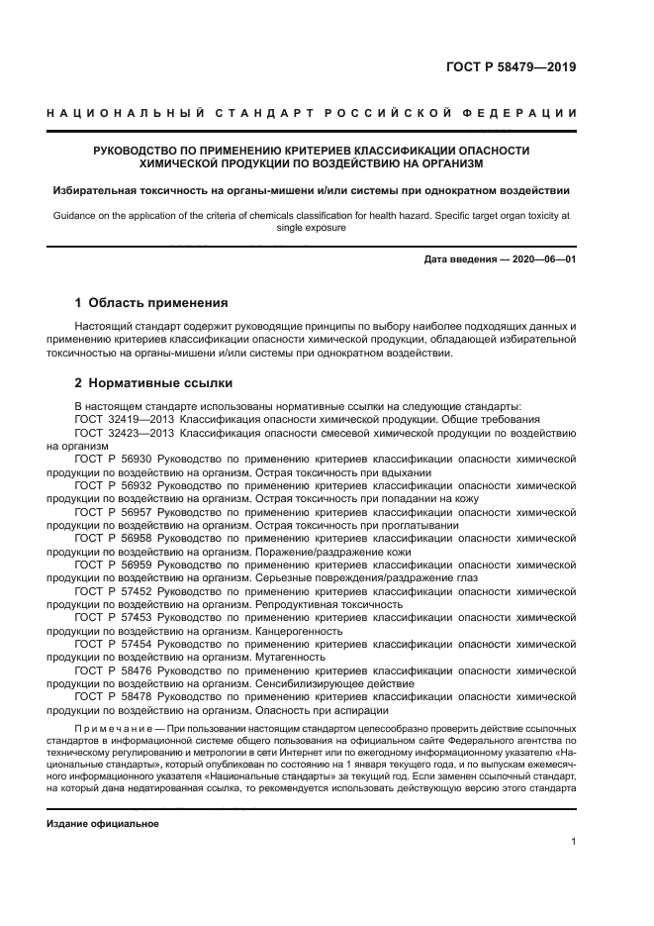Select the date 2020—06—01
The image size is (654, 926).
[x=540, y=259]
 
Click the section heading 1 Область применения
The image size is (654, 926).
[x=151, y=302]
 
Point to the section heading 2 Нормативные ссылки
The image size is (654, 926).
[x=154, y=382]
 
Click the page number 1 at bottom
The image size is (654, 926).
[x=573, y=842]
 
